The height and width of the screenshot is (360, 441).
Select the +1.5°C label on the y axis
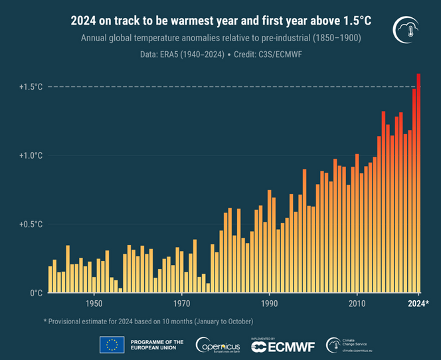(x=31, y=87)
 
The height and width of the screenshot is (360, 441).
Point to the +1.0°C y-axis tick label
(x=31, y=155)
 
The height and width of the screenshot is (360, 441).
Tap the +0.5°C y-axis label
(x=31, y=225)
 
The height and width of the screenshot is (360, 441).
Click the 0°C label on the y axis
(x=35, y=293)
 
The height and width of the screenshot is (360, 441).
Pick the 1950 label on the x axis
(x=94, y=304)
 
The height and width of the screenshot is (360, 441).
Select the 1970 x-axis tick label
(x=181, y=304)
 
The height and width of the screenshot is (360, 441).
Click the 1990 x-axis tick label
(x=269, y=304)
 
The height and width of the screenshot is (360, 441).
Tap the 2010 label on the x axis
(x=357, y=304)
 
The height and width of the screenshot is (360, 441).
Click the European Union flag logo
(x=112, y=344)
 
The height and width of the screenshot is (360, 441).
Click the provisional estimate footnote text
(x=149, y=321)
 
